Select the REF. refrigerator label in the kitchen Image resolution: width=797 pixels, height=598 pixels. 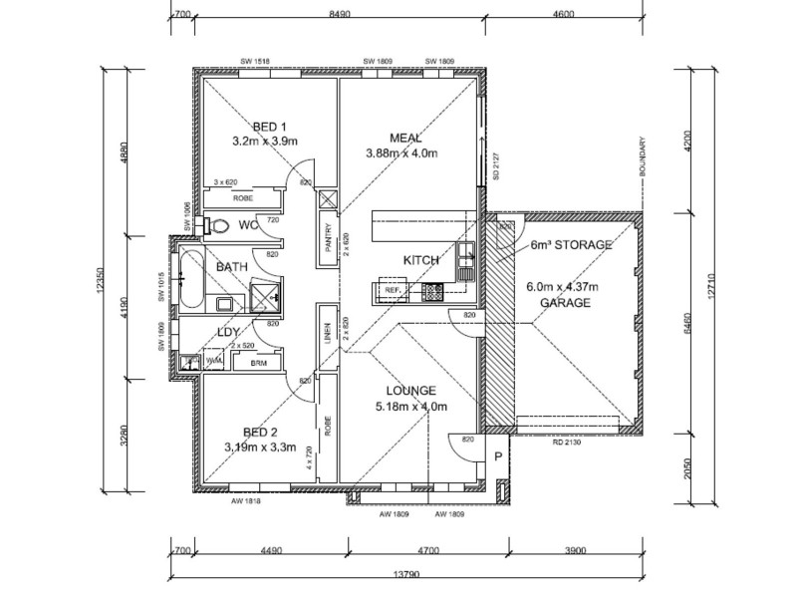pyautogui.click(x=393, y=292)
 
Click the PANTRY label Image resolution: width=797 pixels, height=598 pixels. pyautogui.click(x=328, y=243)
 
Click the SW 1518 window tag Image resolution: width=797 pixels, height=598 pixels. pyautogui.click(x=255, y=61)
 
